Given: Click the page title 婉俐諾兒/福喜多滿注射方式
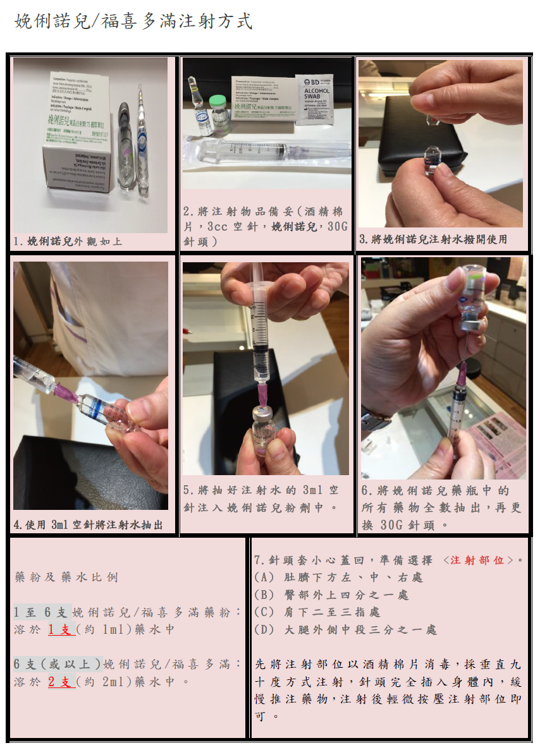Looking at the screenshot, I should (x=133, y=21).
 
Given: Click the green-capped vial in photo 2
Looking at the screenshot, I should (x=218, y=115).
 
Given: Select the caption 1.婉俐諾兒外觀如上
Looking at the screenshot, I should (x=68, y=241).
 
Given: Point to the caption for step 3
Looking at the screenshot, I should (x=433, y=239).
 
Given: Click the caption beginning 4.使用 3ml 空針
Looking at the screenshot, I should (x=88, y=524).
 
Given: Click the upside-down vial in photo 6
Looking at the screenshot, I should (x=470, y=296).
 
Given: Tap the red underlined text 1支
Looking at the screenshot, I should (x=61, y=630).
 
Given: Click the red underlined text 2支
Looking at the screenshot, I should (x=61, y=682).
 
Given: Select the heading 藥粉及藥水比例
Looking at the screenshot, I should (x=66, y=578).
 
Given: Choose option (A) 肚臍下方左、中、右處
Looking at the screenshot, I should (x=338, y=578).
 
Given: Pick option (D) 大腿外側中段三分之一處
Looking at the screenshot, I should (x=345, y=630).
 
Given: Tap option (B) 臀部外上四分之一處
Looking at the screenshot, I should (x=331, y=595).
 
